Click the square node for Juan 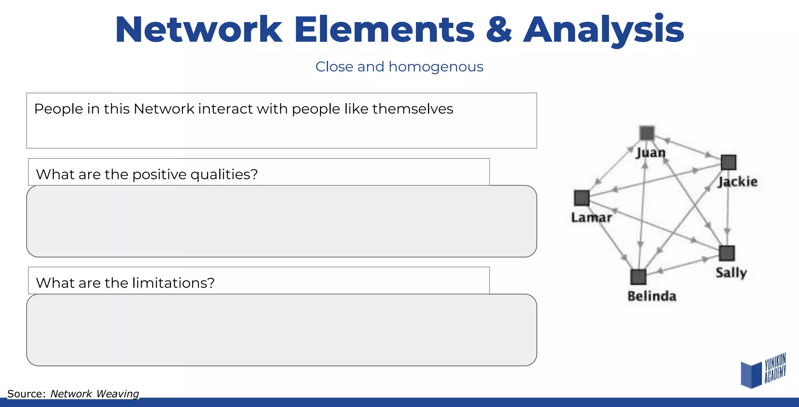coord(647,133)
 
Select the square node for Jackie coord(728,162)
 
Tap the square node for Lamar coord(582,198)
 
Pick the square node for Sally coord(727,253)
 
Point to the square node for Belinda coord(638,277)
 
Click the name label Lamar coord(591,217)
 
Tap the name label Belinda coord(652,296)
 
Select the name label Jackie coord(738,182)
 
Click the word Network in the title coord(199,30)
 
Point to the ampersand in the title coord(499,30)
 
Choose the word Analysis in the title coord(604,30)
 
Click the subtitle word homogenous coord(436,67)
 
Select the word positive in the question coord(159,174)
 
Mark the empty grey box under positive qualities coord(281,221)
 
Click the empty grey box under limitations coord(281,330)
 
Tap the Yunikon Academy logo coord(763,371)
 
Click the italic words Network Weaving coord(94,394)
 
